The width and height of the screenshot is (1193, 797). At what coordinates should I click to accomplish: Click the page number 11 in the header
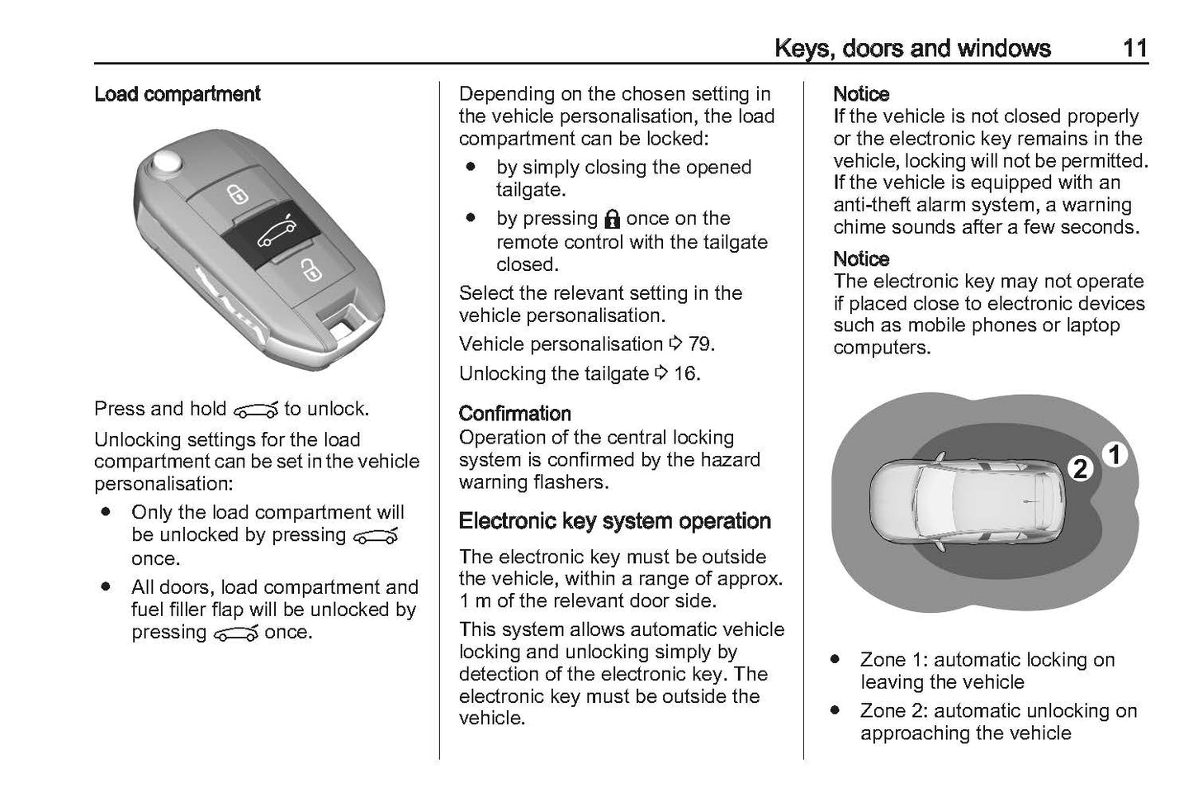point(1135,48)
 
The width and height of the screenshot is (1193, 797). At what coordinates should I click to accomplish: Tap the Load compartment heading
point(177,94)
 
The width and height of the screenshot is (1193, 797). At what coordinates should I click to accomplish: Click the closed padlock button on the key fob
point(238,195)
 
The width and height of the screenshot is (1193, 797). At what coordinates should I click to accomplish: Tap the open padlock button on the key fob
point(310,269)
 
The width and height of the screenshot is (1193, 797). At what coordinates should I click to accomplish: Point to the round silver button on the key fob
point(168,161)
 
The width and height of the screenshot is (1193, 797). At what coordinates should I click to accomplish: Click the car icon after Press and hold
point(255,410)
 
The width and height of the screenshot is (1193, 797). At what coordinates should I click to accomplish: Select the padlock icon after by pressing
point(612,219)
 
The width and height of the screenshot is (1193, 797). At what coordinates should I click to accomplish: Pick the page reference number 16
point(685,373)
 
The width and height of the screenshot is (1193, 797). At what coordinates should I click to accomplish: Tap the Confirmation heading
point(514,413)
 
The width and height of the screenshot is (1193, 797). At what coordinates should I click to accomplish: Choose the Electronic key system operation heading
point(614,521)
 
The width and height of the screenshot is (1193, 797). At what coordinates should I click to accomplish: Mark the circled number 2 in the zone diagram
point(1079,469)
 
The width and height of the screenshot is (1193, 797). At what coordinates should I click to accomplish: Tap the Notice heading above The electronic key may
point(861,259)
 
